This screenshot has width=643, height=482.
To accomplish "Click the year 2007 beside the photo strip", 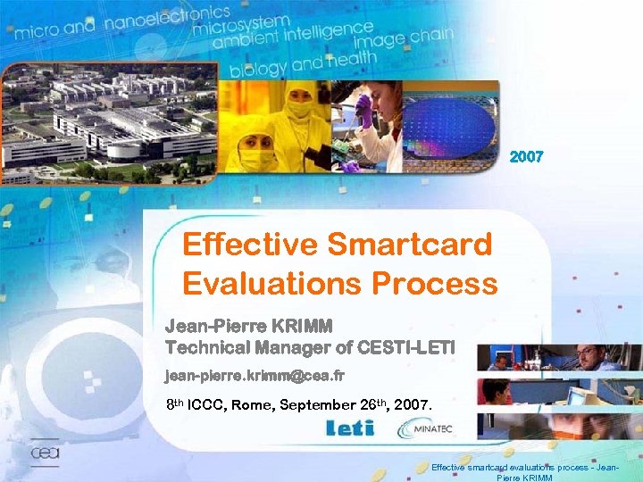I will coord(526,157).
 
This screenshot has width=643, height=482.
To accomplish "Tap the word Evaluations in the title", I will coord(259,283).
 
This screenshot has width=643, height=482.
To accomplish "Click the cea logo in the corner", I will coord(45,453).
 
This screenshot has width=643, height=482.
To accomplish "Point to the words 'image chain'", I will coord(403,41).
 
